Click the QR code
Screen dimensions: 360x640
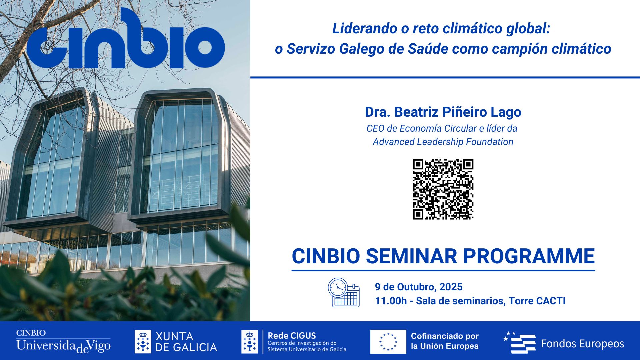(443, 189)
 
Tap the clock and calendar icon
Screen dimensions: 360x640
(344, 292)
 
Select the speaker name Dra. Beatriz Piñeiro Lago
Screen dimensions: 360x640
(443, 112)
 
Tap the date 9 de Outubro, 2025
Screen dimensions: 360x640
(419, 287)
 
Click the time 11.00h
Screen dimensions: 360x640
(391, 301)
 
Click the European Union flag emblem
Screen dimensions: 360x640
(388, 342)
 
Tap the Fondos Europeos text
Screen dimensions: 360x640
(582, 344)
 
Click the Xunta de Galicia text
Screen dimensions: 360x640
(186, 342)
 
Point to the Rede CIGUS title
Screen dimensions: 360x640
(292, 336)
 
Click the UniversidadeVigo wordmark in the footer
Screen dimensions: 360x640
(63, 346)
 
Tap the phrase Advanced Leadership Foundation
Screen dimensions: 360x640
(443, 142)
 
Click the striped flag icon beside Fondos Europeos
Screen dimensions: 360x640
(520, 343)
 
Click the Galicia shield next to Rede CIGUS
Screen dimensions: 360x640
(250, 342)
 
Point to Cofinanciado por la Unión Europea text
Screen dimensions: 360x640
(445, 341)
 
